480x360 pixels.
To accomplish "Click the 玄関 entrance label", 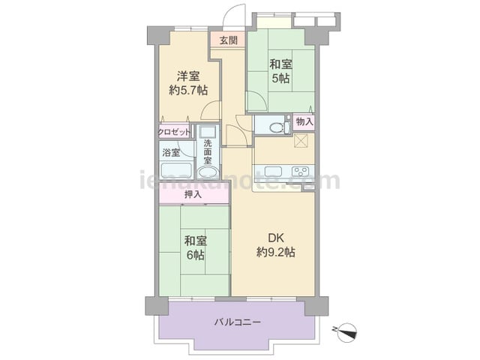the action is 229,40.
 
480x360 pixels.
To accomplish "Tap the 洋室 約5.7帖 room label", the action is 188,82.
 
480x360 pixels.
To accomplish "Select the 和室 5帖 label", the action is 280,71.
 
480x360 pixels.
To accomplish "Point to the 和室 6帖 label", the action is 195,247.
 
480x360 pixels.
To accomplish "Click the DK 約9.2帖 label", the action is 275,244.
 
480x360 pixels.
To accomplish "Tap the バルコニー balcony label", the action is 238,322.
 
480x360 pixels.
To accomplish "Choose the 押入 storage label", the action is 193,194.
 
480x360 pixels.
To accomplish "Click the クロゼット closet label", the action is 174,132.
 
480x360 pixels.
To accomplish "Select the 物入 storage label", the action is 304,121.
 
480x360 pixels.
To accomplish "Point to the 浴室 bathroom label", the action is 171,152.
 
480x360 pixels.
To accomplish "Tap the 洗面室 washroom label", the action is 208,151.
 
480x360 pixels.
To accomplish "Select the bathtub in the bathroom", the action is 176,171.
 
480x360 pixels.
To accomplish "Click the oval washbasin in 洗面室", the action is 208,172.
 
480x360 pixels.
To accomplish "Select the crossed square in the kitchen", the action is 299,141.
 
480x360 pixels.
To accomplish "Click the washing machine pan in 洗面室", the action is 208,131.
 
